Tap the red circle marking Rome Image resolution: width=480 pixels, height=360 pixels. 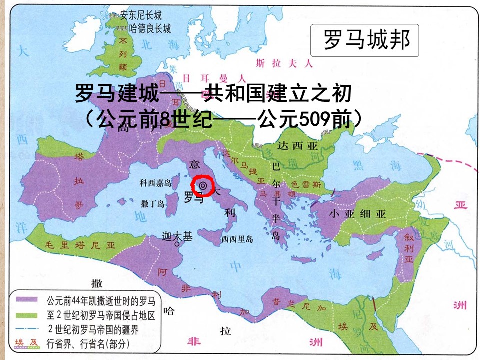tap(203, 186)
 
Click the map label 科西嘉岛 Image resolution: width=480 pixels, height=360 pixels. tap(156, 183)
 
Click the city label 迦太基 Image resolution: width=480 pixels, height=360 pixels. tap(177, 237)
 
